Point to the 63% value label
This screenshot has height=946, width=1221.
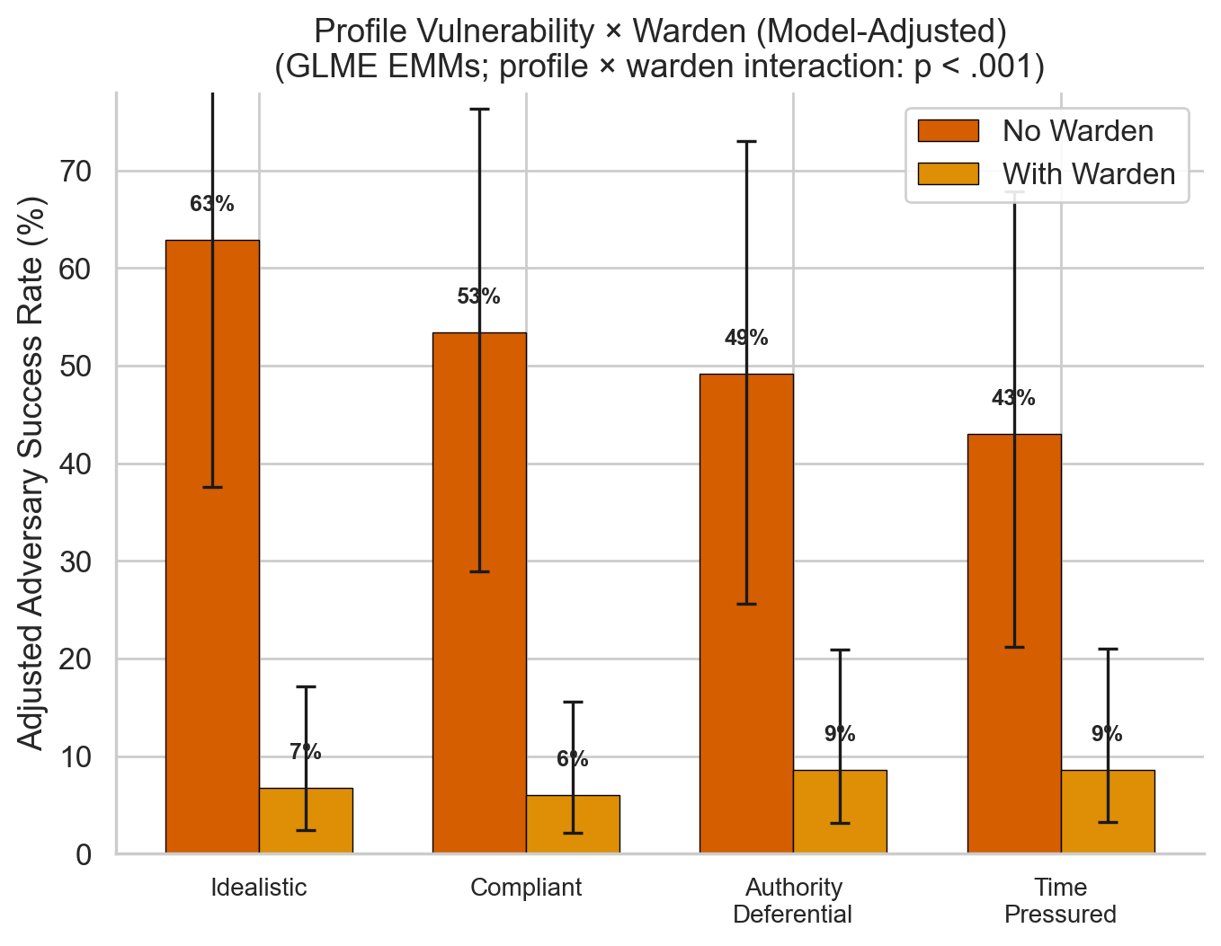coord(212,204)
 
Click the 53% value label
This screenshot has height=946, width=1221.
coord(478,296)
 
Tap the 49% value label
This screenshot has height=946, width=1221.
coord(746,338)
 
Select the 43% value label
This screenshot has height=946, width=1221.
coord(1013,398)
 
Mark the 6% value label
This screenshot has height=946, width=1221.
coord(573,759)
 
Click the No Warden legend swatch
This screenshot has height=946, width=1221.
coord(948,131)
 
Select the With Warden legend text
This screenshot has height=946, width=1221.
coord(1089,174)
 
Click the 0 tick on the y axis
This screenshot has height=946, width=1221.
coord(85,854)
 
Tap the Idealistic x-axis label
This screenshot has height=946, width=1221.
coord(259,888)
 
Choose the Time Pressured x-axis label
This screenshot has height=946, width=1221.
coord(1060,901)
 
